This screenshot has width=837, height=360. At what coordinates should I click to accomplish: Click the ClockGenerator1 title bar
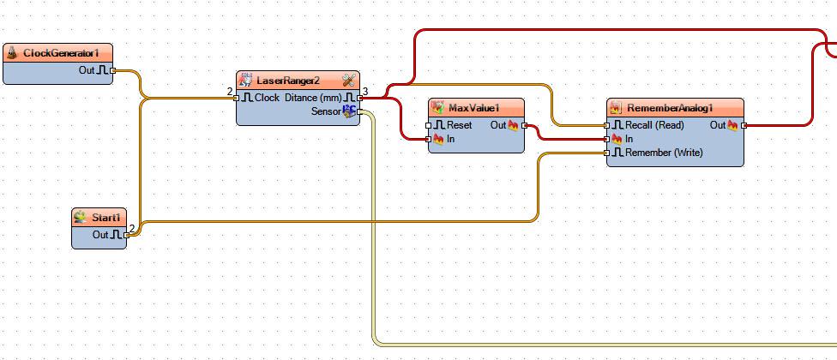pos(57,53)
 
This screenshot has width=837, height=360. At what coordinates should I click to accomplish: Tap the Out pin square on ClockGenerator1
pos(112,70)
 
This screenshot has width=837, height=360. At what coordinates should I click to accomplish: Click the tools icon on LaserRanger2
pos(348,81)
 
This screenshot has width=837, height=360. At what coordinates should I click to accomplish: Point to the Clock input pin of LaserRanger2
pos(237,98)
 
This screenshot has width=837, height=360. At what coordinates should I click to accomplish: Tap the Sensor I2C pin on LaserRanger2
pos(360,112)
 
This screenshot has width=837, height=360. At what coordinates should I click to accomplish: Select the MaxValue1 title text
pos(473,108)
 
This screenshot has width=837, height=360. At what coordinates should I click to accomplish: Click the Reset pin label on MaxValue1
pos(459,125)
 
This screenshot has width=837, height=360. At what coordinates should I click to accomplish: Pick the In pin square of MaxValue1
pos(428,139)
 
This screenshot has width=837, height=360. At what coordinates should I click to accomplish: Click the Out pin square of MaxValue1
pos(524,125)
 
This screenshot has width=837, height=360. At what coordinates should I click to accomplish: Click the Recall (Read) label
pos(654,125)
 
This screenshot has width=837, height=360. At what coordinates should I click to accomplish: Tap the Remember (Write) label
pos(664,153)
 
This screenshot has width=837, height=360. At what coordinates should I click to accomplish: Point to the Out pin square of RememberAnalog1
pos(744,125)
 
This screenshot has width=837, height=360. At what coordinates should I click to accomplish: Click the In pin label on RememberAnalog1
pos(629,139)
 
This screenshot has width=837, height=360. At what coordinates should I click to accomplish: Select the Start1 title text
pos(106,218)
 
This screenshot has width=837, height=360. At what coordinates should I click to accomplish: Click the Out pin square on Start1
pos(127,235)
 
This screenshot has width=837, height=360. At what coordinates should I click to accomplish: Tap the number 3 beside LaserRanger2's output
pos(365,92)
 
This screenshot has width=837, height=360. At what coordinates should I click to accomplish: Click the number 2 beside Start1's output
pos(132,229)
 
